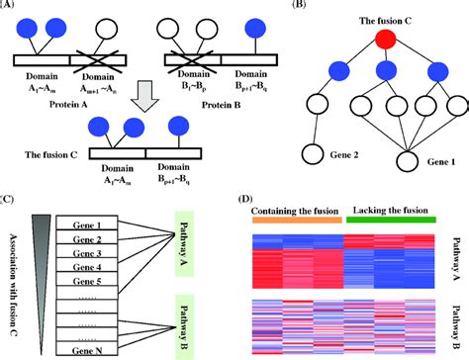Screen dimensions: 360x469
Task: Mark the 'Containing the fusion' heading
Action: [294, 212]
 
